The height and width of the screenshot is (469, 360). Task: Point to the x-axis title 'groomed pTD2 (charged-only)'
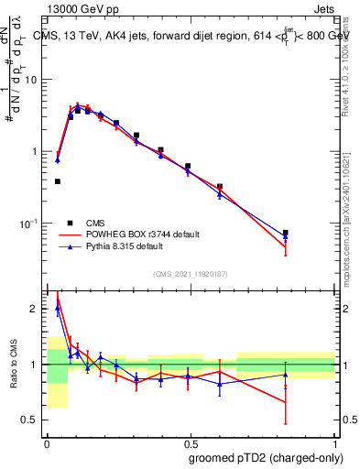point(265,458)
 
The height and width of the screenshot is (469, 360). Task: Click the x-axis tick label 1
point(333,442)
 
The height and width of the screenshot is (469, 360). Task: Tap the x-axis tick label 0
point(47,442)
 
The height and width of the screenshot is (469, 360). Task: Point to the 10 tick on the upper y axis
point(31,80)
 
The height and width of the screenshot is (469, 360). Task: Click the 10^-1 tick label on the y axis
point(29,223)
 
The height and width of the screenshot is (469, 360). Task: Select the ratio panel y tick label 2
point(36,309)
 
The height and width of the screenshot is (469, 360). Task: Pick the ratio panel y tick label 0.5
point(31,420)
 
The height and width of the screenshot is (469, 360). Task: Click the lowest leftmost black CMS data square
point(58,181)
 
